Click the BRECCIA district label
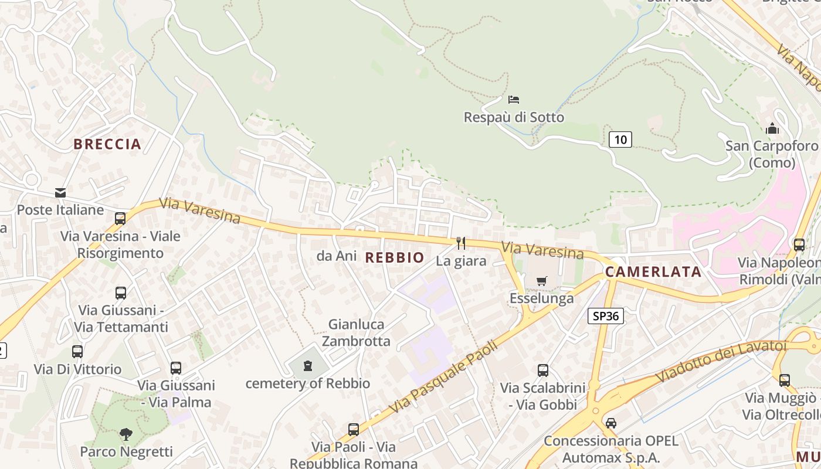(x=107, y=144)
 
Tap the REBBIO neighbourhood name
(x=395, y=257)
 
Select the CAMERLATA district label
(x=653, y=272)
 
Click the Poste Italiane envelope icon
(x=60, y=192)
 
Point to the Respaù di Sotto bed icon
(x=514, y=99)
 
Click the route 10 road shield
(x=620, y=140)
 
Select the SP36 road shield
(x=605, y=316)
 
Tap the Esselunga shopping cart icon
(x=541, y=281)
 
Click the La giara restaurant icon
(x=461, y=243)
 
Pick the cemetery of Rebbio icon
(x=307, y=366)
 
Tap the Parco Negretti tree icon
(x=126, y=434)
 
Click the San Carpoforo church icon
(x=772, y=128)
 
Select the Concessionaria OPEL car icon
(x=611, y=423)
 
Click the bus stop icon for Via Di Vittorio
(x=77, y=352)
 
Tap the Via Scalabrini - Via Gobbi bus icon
(x=543, y=371)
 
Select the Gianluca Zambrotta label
(x=357, y=332)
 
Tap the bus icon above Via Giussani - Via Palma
(x=176, y=368)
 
